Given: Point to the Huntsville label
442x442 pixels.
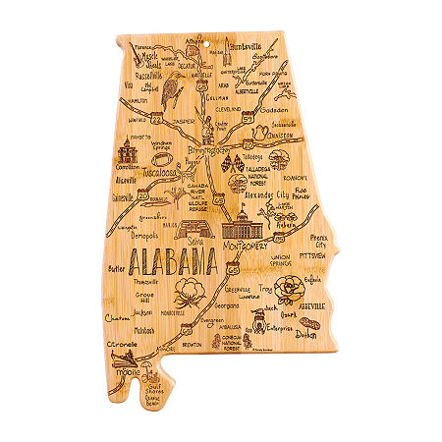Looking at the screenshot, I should (x=245, y=45).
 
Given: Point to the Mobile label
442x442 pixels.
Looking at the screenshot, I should (x=127, y=373).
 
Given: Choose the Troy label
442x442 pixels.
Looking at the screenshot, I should (x=264, y=289).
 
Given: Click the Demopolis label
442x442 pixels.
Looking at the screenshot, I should (x=144, y=237).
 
